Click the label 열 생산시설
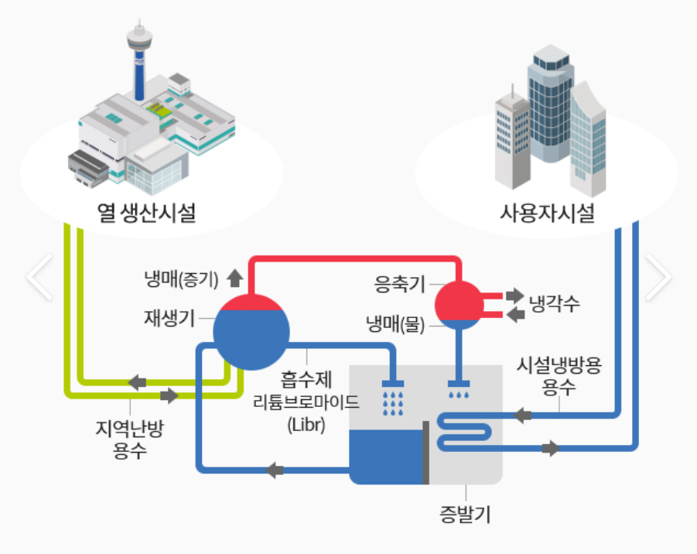point(146,211)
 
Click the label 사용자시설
point(548,211)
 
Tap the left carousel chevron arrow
point(39,276)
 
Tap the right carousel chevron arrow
point(658,276)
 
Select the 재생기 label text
point(168,317)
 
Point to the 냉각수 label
point(554,303)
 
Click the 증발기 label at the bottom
point(466,513)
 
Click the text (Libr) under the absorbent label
point(306,425)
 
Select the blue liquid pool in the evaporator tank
point(385,457)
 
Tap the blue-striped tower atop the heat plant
point(139,66)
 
